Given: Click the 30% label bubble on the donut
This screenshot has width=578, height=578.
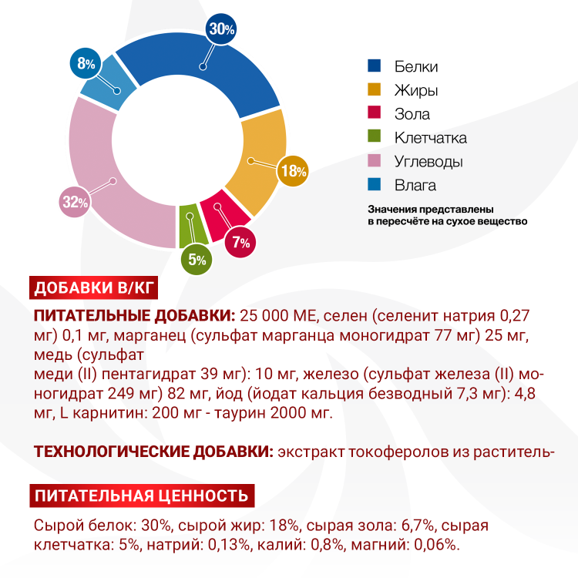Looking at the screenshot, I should pos(221,31).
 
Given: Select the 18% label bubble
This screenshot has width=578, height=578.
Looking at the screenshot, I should pos(294,171).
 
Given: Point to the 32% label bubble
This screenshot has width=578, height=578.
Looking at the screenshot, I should pos(75,203).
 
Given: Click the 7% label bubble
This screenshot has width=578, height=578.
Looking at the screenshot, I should pos(241,243).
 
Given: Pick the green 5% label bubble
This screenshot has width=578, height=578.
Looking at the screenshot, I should pos(196,260).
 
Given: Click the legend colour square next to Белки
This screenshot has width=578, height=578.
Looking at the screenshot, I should pos(375,66).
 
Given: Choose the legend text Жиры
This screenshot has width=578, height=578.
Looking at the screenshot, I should pos(416,90).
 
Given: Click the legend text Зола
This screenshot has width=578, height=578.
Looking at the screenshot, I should pos(412,114).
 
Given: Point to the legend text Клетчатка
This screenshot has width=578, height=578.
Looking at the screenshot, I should pos(431,138).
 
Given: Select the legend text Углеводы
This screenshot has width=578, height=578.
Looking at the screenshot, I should pos(428,162).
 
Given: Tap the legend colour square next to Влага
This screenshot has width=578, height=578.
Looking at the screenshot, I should pos(375,185).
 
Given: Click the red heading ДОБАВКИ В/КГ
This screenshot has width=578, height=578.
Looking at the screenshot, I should pos(95,288).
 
